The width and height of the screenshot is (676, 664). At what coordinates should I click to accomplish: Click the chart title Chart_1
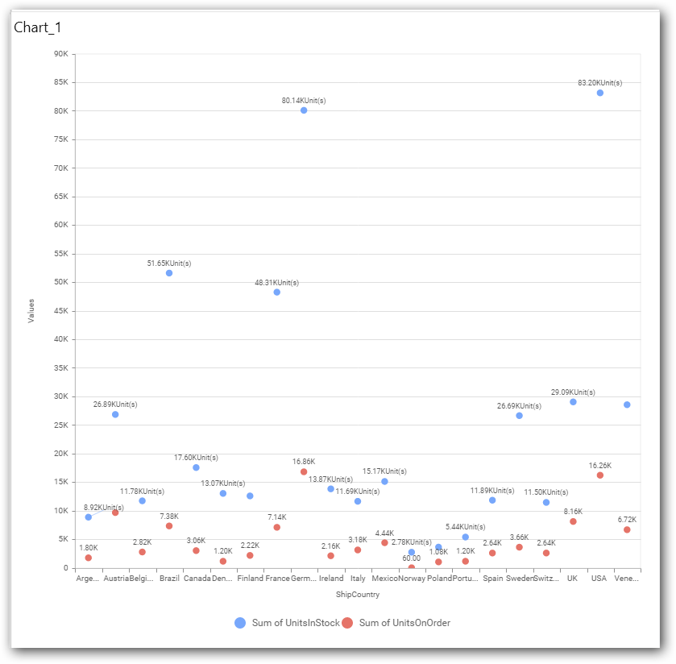[x=37, y=27]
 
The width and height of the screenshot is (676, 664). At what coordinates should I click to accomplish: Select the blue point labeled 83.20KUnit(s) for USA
[x=600, y=93]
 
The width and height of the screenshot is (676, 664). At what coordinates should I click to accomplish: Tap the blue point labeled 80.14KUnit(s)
[x=304, y=110]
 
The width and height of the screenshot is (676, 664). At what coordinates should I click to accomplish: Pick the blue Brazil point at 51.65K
[x=169, y=273]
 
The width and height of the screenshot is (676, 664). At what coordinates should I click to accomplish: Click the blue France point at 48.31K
[x=277, y=293]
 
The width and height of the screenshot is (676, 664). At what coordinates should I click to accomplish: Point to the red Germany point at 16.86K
[x=304, y=471]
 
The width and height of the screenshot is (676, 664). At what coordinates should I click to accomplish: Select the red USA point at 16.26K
[x=600, y=475]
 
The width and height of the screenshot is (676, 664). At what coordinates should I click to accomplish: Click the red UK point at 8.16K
[x=573, y=521]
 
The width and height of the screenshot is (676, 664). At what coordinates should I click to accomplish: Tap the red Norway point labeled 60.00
[x=412, y=567]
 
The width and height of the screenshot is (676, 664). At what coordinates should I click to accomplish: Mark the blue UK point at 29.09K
[x=573, y=402]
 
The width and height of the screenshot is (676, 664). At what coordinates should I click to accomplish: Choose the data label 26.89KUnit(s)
[x=115, y=405]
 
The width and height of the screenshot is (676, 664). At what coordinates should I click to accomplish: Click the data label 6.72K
[x=627, y=520]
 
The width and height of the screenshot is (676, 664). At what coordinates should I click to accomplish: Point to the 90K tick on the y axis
[x=60, y=54]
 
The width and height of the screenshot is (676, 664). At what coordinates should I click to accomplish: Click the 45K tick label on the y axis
[x=60, y=311]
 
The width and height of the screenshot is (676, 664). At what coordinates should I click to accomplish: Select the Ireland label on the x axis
[x=331, y=579]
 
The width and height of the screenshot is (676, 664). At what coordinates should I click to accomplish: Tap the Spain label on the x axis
[x=492, y=579]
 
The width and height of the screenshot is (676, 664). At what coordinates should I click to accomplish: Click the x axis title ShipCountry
[x=358, y=596]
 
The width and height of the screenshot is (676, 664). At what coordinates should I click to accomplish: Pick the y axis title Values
[x=31, y=311]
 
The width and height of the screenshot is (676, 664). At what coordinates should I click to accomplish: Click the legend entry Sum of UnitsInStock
[x=285, y=623]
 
